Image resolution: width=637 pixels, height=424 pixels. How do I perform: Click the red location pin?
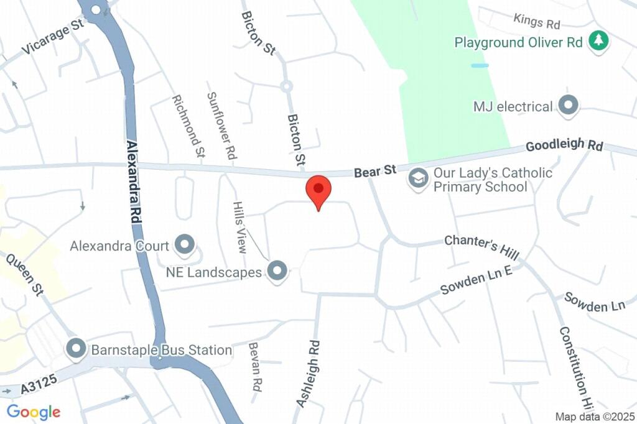318,189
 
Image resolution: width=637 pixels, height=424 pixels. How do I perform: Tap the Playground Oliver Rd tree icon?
598,42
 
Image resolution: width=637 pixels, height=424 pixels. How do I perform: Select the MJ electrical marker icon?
568,106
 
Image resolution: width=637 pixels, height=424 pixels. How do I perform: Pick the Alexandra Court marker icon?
184,246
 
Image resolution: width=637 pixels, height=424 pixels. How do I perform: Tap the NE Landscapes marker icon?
277,271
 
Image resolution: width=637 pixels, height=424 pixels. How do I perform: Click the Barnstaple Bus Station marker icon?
77,349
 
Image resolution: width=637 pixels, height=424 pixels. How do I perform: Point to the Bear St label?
375,171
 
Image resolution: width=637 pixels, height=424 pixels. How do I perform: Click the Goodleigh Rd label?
564,145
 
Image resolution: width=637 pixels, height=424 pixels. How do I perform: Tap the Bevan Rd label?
254,367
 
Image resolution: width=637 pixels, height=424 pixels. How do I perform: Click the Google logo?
34,412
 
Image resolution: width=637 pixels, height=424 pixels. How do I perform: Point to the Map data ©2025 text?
594,417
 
